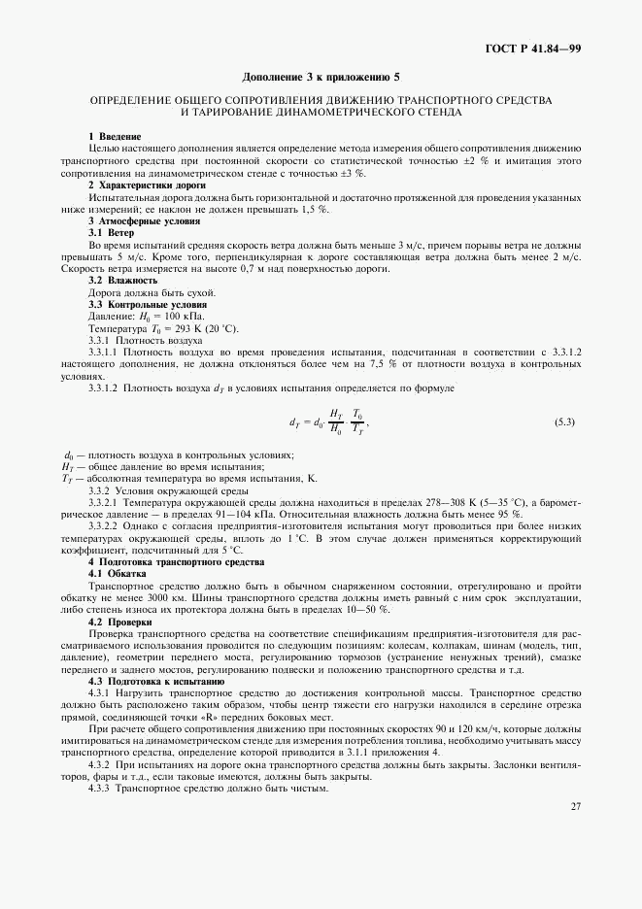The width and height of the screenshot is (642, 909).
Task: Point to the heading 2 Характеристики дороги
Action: point(147,185)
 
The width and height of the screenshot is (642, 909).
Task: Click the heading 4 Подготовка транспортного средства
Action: point(162,562)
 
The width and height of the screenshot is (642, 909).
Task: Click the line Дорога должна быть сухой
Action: point(152,293)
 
